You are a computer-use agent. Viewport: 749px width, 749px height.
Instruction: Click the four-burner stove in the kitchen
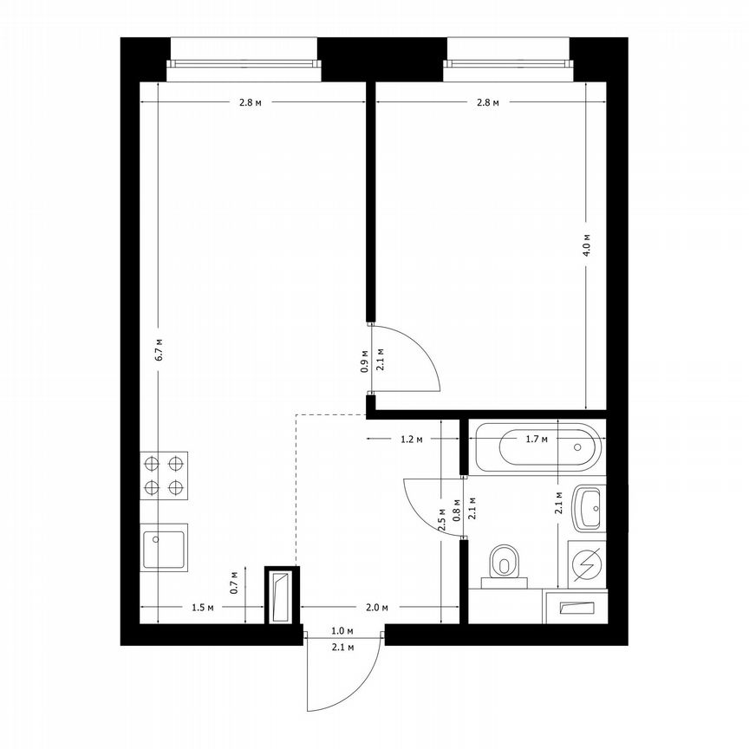[x=165, y=476]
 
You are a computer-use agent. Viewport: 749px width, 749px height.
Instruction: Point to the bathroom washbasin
[x=589, y=507]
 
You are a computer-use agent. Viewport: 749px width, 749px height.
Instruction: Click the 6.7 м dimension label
[x=159, y=347]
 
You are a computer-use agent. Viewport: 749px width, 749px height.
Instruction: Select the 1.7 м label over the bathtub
[x=537, y=440]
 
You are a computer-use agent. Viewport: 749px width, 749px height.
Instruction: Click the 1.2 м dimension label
[x=411, y=440]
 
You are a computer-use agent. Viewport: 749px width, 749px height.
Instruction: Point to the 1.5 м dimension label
[x=201, y=608]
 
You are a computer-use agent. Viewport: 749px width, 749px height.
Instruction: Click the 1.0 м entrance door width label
[x=342, y=632]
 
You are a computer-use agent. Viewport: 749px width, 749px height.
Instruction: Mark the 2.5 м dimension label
[x=442, y=518]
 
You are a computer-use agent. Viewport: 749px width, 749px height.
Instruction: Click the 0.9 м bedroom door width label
[x=364, y=360]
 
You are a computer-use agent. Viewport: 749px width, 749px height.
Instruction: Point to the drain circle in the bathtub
[x=578, y=446]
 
